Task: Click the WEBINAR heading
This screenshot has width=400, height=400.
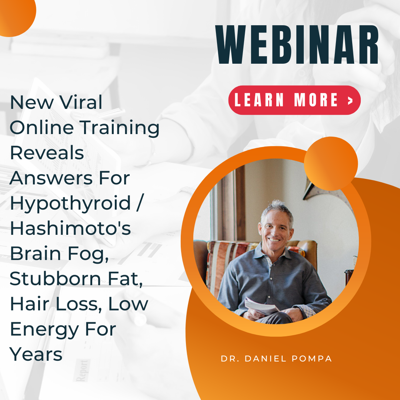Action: [x=297, y=44]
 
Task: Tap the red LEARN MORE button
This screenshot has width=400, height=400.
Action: [x=294, y=100]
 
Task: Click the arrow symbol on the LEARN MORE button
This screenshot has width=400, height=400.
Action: [x=350, y=100]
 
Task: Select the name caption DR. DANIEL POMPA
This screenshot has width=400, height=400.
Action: [x=276, y=359]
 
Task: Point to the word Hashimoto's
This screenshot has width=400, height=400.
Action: [x=70, y=228]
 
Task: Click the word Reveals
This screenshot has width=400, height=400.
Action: [x=47, y=153]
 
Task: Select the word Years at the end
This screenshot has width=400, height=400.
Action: [x=36, y=354]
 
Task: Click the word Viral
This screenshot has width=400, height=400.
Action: [x=81, y=102]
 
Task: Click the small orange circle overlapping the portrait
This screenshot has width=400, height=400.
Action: [x=331, y=164]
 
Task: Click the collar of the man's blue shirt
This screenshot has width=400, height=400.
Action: [x=273, y=254]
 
